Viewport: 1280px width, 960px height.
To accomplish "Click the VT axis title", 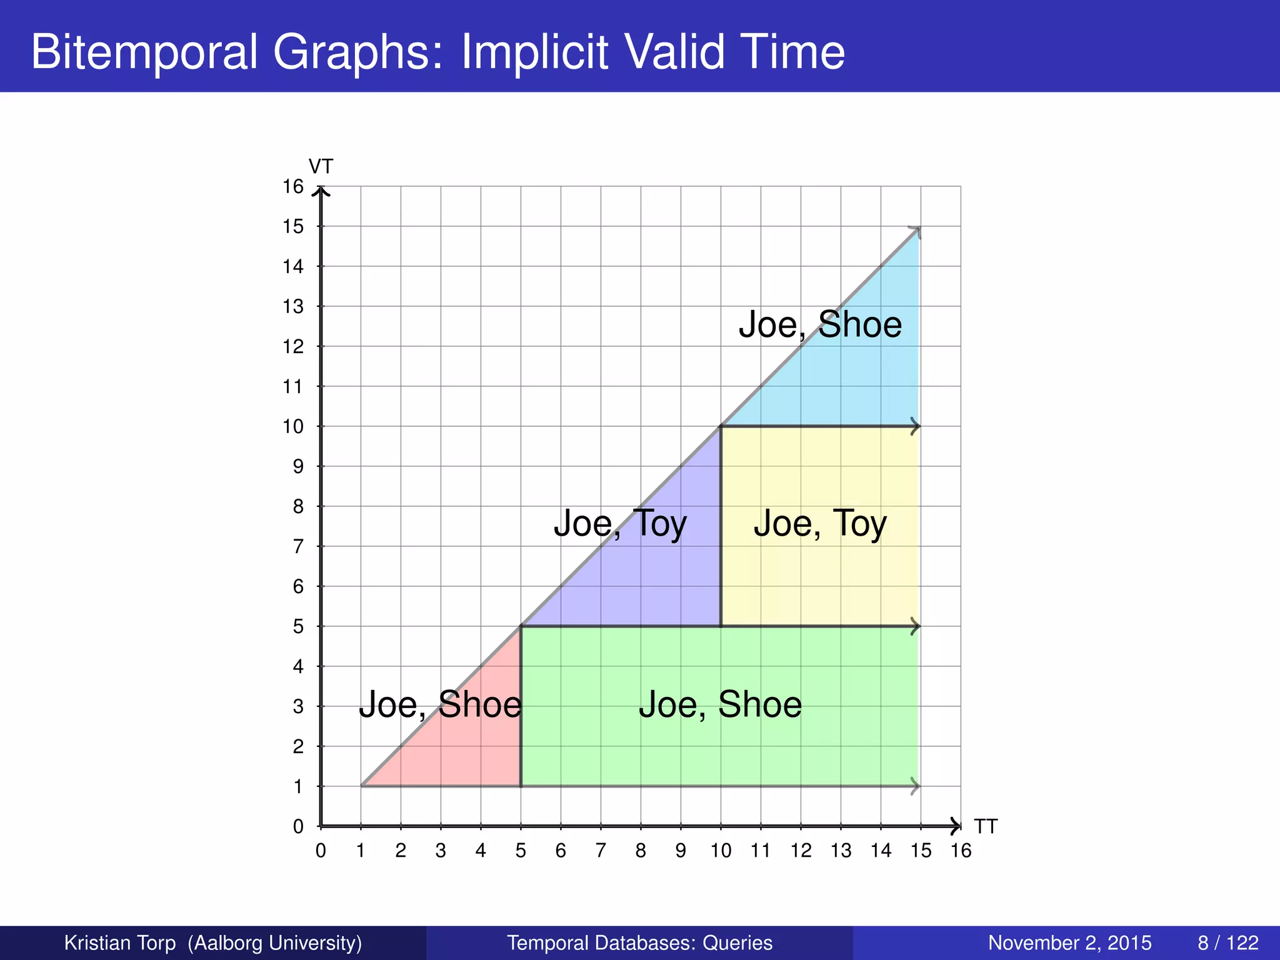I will coord(321,167).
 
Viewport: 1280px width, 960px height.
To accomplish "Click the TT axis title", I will coord(986,826).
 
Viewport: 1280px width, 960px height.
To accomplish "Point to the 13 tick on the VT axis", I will coord(292,307).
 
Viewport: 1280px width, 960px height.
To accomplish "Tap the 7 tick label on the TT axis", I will coord(601,851).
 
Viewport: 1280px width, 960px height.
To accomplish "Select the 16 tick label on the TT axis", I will coord(961,851).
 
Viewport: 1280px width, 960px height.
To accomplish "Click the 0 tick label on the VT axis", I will coord(298,827).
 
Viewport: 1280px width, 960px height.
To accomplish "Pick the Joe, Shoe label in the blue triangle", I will coord(820,324).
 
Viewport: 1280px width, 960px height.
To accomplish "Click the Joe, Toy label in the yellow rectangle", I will coord(820,523).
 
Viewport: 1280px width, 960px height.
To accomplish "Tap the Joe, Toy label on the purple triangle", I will coord(620,523).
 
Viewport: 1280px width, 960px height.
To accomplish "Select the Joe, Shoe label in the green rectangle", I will coord(720,704).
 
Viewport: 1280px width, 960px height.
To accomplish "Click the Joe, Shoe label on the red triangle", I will coord(440,704).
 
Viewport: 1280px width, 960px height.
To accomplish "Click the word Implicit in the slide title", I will coord(534,51).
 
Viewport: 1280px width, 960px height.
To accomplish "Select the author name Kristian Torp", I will coord(120,942).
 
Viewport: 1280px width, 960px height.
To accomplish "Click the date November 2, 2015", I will coord(1069,942).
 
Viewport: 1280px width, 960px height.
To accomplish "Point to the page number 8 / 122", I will coord(1228,942).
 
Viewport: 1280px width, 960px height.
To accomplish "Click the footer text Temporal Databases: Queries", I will coord(639,942).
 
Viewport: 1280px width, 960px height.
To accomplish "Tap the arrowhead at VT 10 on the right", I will coord(916,427).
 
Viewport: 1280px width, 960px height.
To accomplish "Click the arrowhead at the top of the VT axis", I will coord(321,191).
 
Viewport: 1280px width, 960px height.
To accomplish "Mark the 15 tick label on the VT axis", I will coord(292,227).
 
